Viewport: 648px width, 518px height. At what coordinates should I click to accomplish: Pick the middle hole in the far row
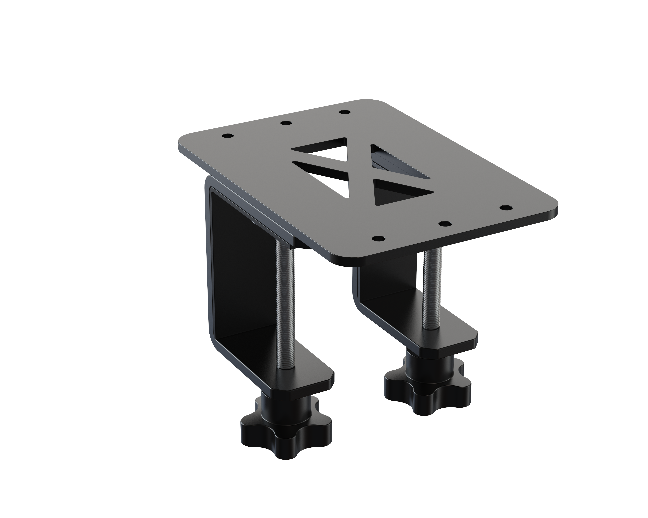coord(286,123)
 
